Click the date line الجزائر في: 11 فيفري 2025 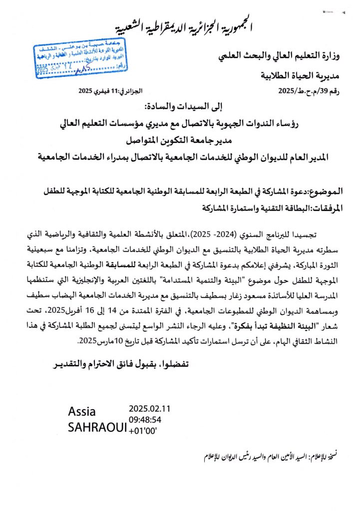tap(111, 91)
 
